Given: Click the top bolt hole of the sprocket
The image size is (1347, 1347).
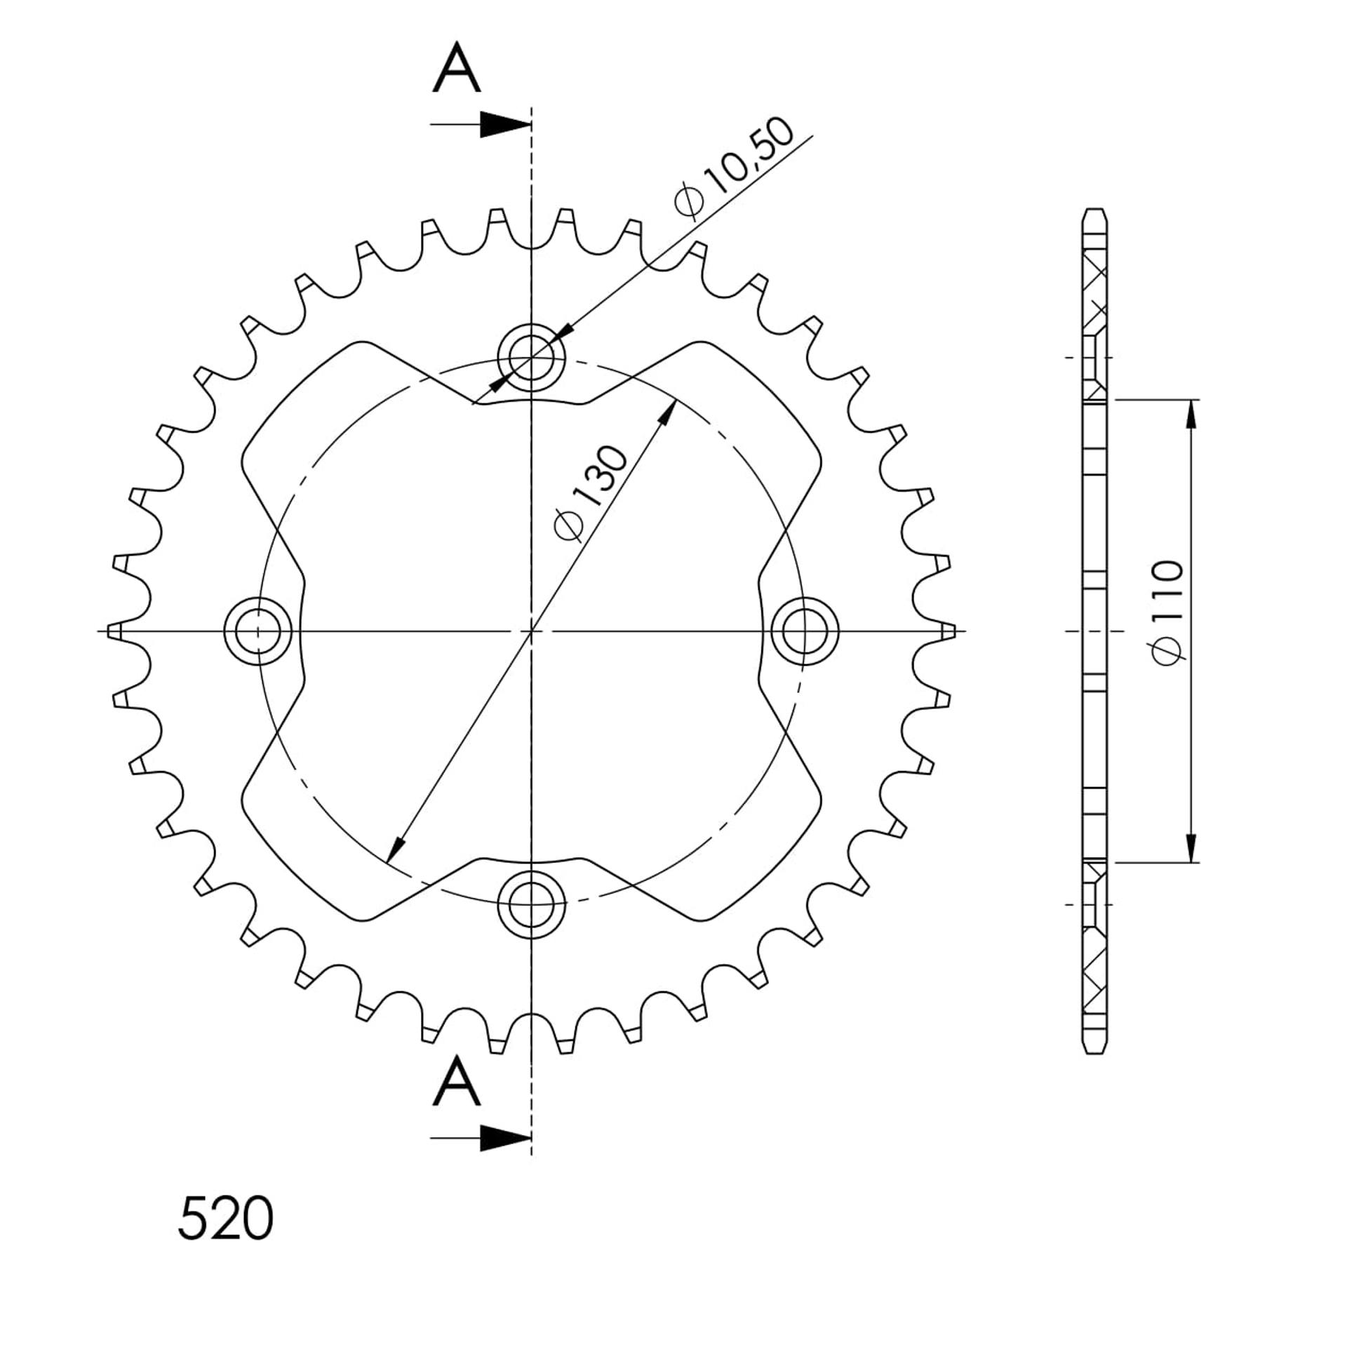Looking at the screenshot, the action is point(531,357).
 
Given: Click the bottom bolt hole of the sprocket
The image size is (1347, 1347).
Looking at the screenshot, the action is point(531,904).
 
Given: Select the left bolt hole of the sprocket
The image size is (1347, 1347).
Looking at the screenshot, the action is point(257,631).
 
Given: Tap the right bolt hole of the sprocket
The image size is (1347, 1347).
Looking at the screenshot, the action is point(805,631).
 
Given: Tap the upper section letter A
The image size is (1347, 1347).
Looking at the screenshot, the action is point(457,67).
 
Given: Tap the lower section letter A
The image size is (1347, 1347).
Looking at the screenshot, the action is point(457,1080).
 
